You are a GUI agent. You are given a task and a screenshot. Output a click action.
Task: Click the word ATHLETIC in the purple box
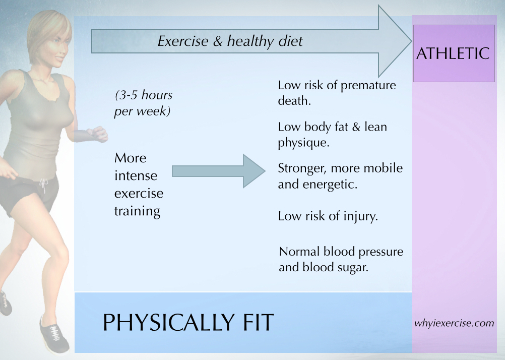[453, 53]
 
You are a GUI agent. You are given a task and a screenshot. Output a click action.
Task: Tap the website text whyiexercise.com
[454, 323]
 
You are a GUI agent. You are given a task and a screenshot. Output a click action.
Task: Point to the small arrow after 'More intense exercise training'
[219, 171]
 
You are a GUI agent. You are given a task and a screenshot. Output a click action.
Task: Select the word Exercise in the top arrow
[183, 41]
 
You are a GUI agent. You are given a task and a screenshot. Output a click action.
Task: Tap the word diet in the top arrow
[290, 41]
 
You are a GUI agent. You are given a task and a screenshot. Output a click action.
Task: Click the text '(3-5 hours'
[144, 95]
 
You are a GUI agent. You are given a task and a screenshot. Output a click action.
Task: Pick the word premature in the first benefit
[368, 86]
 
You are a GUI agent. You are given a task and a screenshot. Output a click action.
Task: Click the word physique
[303, 143]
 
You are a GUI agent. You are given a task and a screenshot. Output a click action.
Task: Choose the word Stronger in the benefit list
[302, 168]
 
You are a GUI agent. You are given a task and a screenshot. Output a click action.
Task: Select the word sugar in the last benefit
[353, 268]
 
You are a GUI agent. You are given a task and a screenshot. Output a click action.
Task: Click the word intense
[136, 175]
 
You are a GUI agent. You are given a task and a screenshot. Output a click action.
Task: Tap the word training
[137, 211]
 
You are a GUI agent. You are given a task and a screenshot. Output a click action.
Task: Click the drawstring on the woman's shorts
[43, 186]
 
